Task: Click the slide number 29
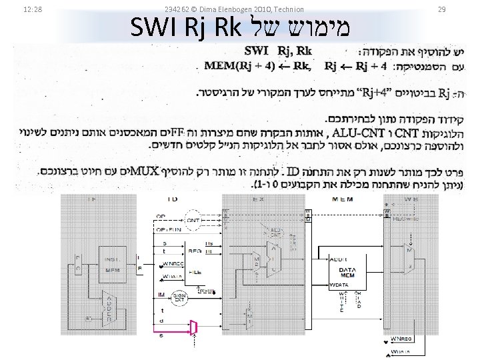(x=441, y=9)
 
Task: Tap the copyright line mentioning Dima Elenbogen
(x=234, y=9)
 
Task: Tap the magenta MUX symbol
(x=194, y=326)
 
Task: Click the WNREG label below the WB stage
(x=401, y=339)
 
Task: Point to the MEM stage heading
(x=341, y=199)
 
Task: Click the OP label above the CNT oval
(x=161, y=216)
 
